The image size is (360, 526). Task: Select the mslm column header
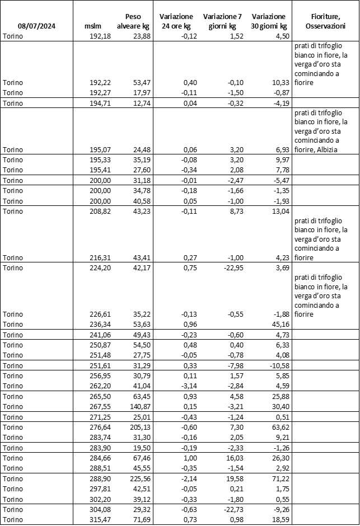(91, 26)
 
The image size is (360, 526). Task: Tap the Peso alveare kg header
(133, 21)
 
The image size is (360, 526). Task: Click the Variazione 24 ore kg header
(176, 21)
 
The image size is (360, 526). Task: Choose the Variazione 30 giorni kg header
(269, 21)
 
